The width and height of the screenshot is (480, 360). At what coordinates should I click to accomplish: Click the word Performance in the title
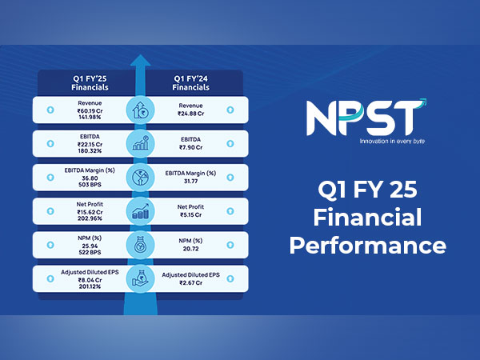(378, 243)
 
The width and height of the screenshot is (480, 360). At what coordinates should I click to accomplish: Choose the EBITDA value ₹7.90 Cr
(191, 148)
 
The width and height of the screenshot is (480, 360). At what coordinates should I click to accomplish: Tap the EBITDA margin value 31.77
(191, 181)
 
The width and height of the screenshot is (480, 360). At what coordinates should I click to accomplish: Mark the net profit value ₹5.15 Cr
(191, 215)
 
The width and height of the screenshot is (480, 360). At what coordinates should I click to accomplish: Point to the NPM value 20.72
(191, 249)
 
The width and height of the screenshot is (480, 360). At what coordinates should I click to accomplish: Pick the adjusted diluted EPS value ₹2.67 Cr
(191, 282)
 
